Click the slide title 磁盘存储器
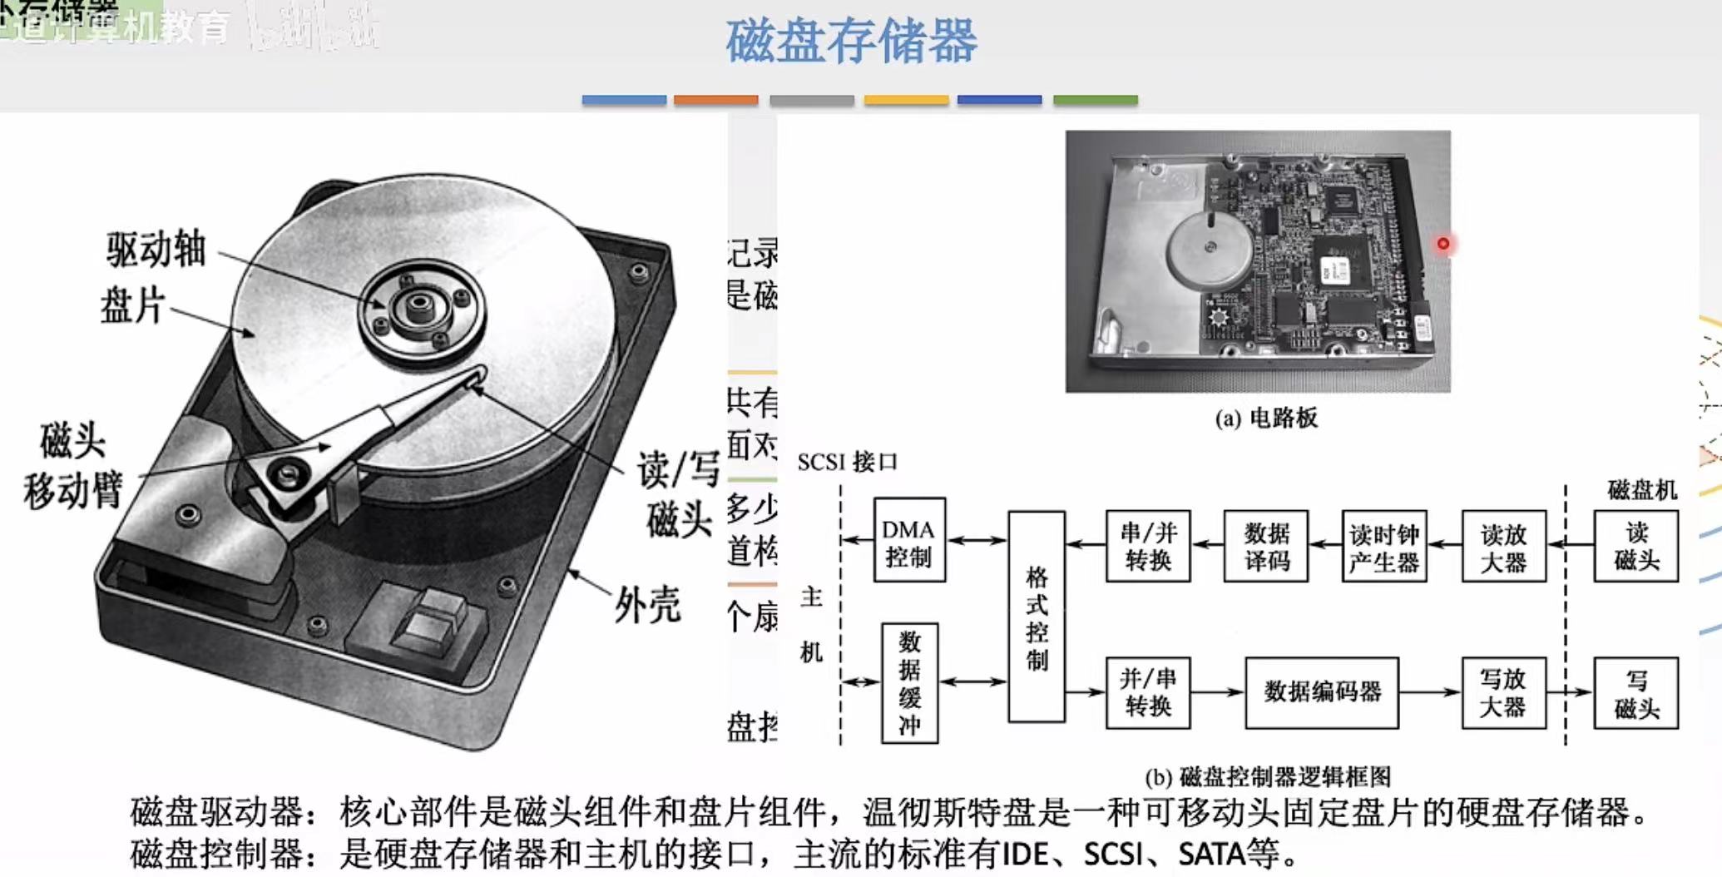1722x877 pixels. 851,42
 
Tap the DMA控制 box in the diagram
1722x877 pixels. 909,540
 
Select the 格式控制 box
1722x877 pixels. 1037,617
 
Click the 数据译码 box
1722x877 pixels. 1266,546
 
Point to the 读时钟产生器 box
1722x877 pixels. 1384,547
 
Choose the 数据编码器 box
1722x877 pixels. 1322,691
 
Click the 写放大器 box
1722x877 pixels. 1503,692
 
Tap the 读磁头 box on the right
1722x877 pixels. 1635,546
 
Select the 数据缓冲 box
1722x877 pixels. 909,682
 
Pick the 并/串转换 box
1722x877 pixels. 1148,692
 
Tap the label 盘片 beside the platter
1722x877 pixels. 133,305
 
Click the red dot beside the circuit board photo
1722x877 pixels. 1443,244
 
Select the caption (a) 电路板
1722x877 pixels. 1266,418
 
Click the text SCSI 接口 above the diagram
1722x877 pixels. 847,462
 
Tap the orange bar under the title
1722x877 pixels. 715,100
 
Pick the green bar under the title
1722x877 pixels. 1095,100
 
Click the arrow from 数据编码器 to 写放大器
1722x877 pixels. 1429,691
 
